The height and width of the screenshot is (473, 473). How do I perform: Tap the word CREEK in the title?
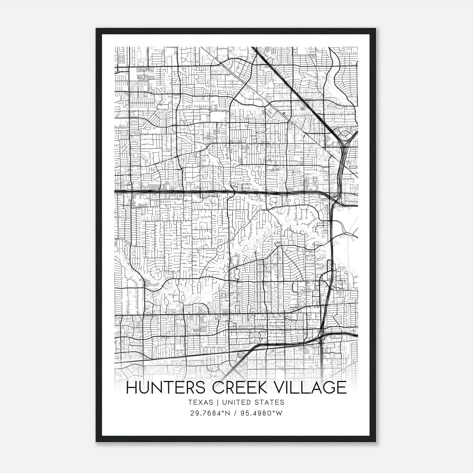[x=237, y=388]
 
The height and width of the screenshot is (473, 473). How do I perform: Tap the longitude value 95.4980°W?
[x=261, y=413]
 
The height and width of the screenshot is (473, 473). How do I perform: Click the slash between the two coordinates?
[x=235, y=413]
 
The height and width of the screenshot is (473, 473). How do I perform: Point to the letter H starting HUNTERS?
[x=131, y=388]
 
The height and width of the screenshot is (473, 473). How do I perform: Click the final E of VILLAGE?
[x=342, y=388]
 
